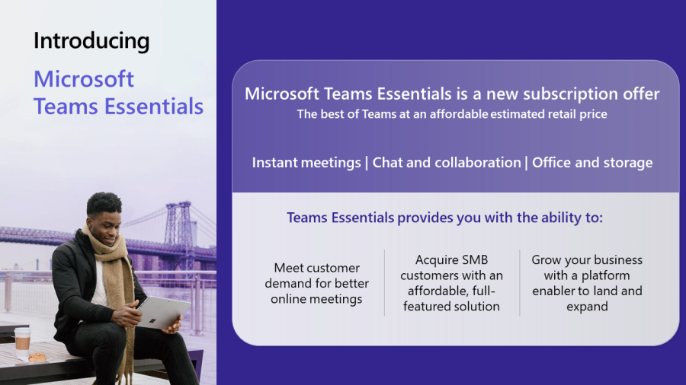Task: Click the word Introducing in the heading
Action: point(91,41)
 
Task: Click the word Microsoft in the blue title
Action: point(84,79)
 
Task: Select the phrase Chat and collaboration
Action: point(447,162)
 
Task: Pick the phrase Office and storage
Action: point(592,162)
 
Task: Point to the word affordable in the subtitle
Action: point(440,115)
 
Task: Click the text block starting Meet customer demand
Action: point(316,283)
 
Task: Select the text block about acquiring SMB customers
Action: point(452,283)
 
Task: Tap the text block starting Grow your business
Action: point(587,283)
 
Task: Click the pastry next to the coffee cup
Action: point(37,357)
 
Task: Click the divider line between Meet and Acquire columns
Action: point(384,283)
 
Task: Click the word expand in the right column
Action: point(587,306)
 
